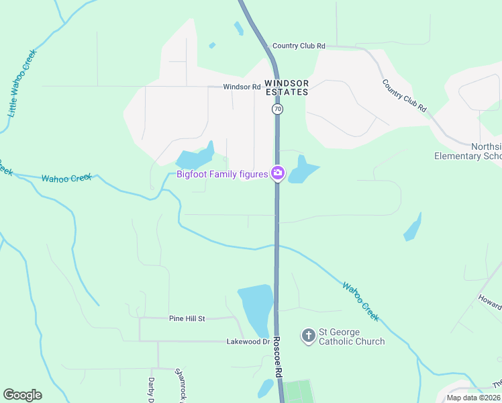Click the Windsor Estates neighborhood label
click(287, 87)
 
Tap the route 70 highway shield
click(277, 108)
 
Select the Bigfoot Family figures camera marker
click(277, 174)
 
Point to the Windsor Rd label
click(242, 87)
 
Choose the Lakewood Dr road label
click(248, 342)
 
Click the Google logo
click(22, 395)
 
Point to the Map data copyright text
click(474, 398)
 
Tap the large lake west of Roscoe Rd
click(255, 306)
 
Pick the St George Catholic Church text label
click(352, 337)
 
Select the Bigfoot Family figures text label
click(222, 175)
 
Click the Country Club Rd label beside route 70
click(298, 46)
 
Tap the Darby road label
click(152, 389)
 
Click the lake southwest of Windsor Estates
click(194, 159)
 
